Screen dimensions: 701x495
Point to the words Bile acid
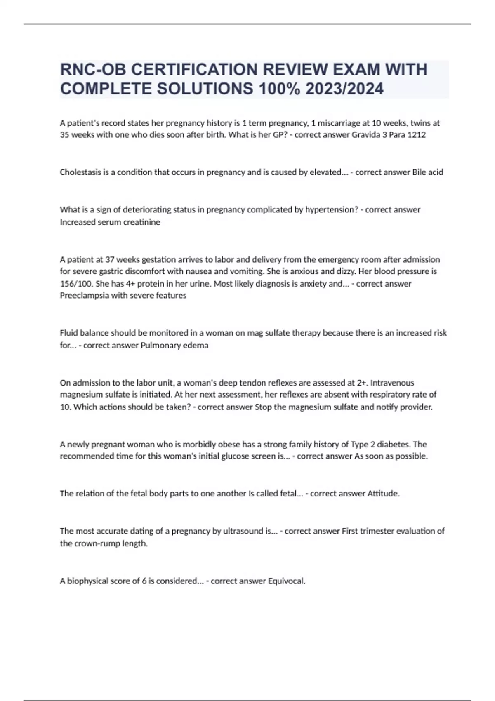427,172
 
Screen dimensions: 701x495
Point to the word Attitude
383,494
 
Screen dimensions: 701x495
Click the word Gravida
366,135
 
